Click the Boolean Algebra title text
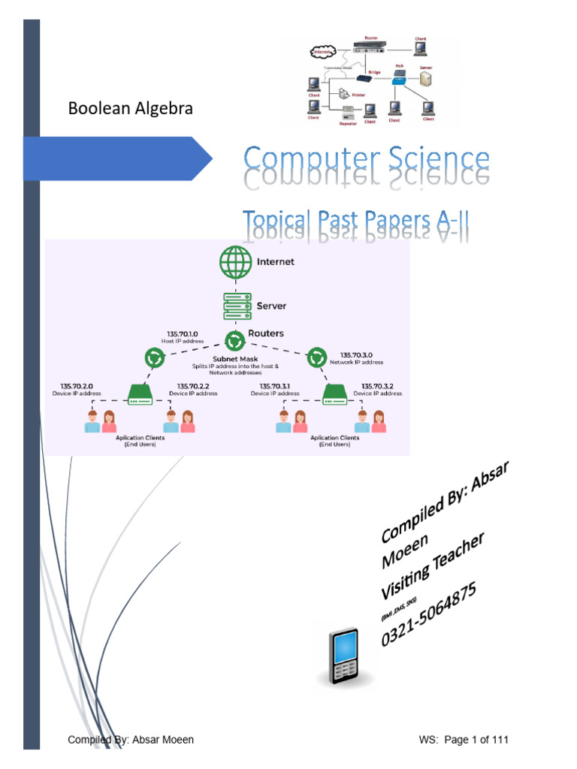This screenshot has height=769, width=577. pyautogui.click(x=130, y=108)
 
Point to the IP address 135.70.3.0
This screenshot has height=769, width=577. pyautogui.click(x=356, y=354)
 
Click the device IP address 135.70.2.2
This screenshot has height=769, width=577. pyautogui.click(x=193, y=386)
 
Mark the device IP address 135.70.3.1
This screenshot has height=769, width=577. pyautogui.click(x=275, y=386)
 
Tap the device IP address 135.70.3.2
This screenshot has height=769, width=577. pyautogui.click(x=377, y=386)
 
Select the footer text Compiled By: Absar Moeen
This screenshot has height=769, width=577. pyautogui.click(x=131, y=740)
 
